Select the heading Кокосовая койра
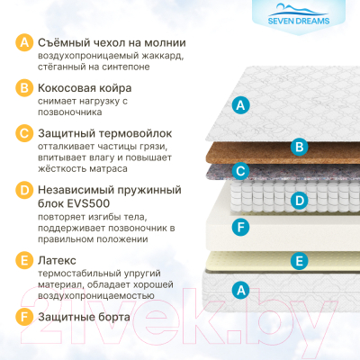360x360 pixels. coord(85,89)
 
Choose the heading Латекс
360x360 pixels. coord(59,259)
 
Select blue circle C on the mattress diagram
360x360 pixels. coord(239,169)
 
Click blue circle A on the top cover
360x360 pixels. coord(239,105)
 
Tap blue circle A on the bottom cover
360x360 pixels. coord(239,289)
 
